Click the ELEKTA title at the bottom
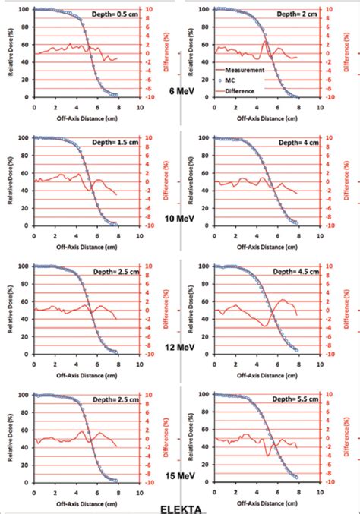click(180, 507)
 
